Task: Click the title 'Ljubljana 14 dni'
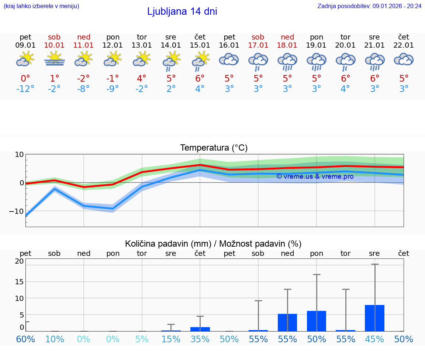tap(182, 11)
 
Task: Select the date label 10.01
tap(54, 45)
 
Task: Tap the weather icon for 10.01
tap(54, 59)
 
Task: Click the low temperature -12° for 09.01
tap(25, 89)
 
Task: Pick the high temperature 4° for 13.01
tap(142, 79)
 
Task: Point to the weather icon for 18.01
tap(287, 61)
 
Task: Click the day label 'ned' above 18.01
tap(287, 37)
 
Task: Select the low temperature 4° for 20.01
tap(345, 89)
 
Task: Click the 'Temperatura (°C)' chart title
tap(214, 148)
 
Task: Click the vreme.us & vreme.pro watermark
tap(315, 176)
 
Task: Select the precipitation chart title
tap(213, 244)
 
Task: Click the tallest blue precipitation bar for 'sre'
tap(374, 318)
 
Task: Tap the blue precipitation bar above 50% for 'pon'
tap(317, 321)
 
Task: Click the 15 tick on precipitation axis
tap(19, 282)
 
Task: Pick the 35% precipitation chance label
tap(200, 339)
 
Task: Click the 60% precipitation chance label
tap(25, 339)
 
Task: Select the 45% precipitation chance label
tap(374, 339)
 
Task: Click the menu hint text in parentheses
tap(41, 6)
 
